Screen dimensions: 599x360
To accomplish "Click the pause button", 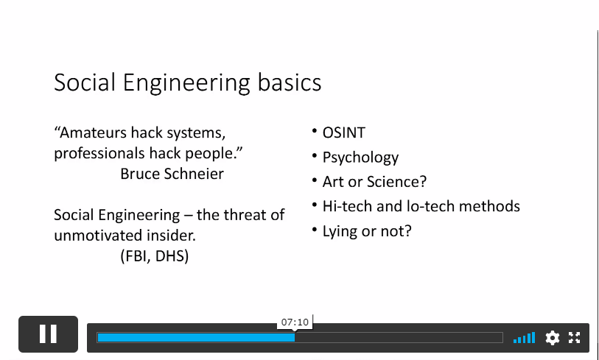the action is (48, 334).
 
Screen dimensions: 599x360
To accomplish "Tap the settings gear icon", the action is (553, 338).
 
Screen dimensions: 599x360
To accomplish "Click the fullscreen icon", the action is (575, 337).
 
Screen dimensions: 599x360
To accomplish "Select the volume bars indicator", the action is (524, 338).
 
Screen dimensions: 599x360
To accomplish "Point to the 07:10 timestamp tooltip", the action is (295, 322).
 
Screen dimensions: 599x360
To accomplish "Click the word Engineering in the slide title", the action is (186, 82).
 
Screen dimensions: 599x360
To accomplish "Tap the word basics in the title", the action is (290, 82).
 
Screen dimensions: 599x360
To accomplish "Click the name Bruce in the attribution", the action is (140, 174).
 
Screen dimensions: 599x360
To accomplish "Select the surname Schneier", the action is (194, 174).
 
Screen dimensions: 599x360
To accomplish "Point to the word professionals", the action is (99, 153).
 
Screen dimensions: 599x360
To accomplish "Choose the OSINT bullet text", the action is (344, 133).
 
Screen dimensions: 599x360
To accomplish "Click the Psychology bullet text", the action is (360, 158).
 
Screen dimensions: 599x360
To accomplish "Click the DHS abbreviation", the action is (172, 256).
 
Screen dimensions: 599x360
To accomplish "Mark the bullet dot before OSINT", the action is (315, 131).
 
